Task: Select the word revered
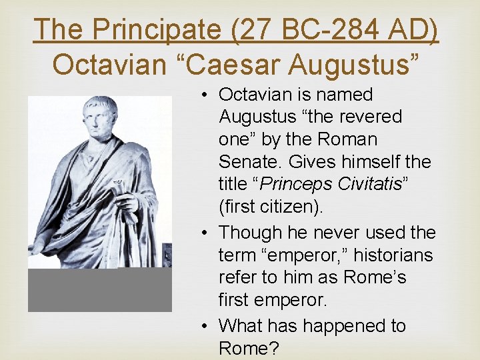tap(369, 117)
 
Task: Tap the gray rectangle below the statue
tap(100, 290)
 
